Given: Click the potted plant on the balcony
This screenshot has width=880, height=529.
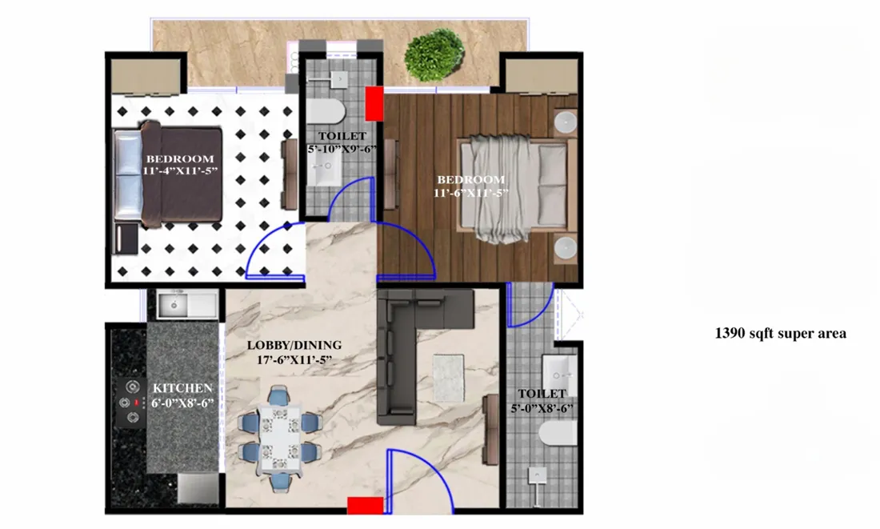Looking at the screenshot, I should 434,54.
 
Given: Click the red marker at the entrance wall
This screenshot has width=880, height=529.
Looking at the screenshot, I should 364,505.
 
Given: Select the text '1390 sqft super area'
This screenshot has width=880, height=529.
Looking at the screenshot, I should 780,334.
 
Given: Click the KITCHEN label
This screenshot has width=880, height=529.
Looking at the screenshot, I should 183,388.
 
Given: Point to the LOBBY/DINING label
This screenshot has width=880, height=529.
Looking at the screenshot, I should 294,345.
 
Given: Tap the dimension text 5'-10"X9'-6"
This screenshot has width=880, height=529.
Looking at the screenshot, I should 342,149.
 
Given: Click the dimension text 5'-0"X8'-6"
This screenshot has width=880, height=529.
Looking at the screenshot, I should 542,408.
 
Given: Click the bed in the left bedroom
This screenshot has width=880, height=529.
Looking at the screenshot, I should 167,175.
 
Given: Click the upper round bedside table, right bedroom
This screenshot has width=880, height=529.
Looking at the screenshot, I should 566,122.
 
